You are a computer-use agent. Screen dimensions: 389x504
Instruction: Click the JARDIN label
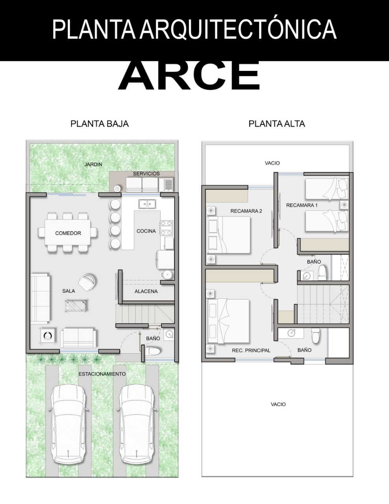coord(93,165)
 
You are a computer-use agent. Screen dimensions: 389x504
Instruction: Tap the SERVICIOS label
coord(146,174)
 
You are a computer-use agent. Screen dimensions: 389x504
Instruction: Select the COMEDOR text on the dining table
coord(68,233)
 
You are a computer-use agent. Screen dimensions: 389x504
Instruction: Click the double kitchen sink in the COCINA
coord(147,204)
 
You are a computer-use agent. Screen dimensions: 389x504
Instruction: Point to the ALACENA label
coord(146,291)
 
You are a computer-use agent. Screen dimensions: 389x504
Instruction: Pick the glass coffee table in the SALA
coord(76,306)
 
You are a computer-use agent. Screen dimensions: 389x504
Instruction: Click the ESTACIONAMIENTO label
coord(102,374)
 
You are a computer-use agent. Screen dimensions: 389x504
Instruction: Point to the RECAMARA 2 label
coord(246,211)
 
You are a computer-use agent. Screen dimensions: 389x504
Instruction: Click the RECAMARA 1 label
coord(302,205)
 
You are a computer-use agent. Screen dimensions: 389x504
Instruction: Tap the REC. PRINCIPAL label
coord(251,350)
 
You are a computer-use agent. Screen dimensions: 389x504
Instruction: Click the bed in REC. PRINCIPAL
coord(229,321)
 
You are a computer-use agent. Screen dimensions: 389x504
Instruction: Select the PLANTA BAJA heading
coord(100,124)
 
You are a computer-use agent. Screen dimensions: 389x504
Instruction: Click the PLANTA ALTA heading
coord(276,124)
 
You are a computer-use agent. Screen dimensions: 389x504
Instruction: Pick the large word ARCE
coord(189,76)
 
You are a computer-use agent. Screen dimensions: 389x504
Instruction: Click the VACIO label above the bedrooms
coord(272,163)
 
